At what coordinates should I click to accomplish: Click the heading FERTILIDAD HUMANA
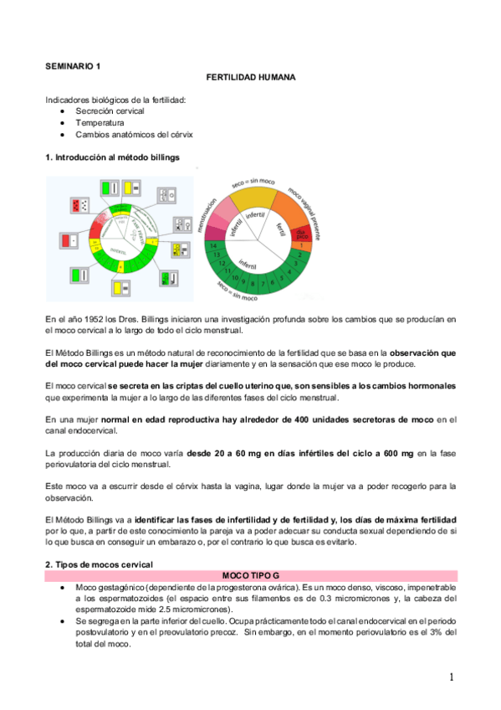[x=250, y=78]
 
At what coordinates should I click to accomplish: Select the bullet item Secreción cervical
[x=110, y=111]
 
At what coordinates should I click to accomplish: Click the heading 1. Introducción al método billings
[x=111, y=157]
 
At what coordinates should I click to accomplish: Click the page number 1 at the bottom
[x=450, y=677]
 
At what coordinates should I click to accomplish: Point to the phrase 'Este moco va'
[x=70, y=486]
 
